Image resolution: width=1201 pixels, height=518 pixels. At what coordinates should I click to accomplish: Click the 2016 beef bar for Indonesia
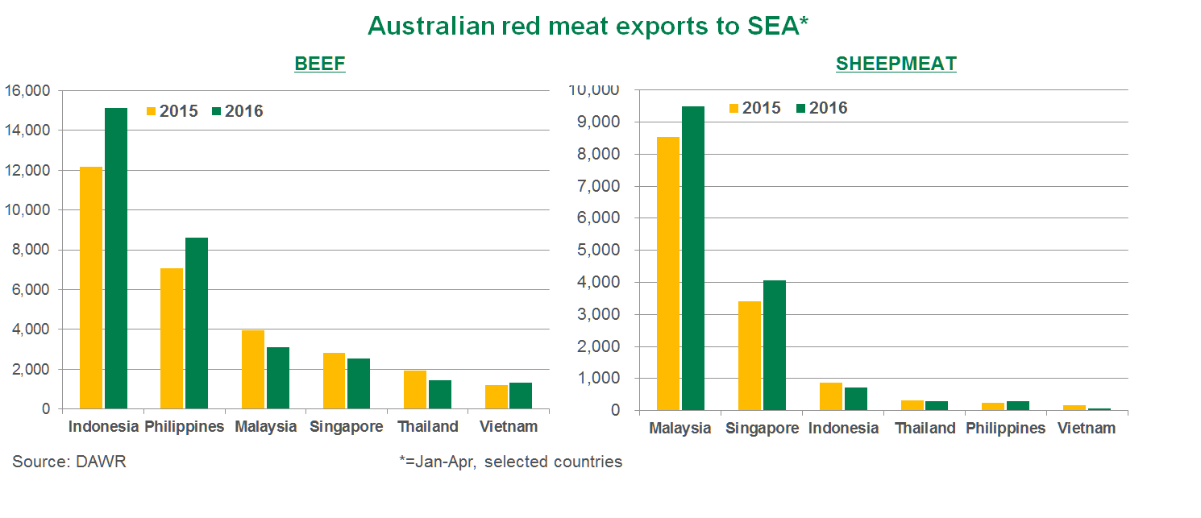(116, 258)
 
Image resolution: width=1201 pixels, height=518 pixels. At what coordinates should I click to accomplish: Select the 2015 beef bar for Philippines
(172, 338)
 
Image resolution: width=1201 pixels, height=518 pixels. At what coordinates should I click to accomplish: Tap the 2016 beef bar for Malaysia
(278, 378)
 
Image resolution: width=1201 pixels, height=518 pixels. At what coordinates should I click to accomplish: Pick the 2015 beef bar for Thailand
(415, 389)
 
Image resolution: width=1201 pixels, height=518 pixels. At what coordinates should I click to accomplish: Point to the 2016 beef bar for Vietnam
(521, 396)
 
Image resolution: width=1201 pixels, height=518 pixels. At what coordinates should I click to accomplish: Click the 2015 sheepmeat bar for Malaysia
(668, 273)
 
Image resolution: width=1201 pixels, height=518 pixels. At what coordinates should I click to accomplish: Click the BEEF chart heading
(320, 64)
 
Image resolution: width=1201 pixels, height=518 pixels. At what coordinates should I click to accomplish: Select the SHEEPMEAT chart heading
(896, 64)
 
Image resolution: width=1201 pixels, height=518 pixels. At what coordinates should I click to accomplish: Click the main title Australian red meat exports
(588, 26)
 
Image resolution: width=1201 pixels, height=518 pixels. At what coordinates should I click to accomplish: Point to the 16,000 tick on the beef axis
(27, 91)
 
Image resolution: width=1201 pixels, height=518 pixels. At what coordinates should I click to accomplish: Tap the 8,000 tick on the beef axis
(31, 250)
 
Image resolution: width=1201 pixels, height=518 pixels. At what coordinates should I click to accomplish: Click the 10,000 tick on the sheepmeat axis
(593, 90)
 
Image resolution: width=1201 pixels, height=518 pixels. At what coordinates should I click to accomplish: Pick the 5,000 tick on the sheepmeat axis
(597, 250)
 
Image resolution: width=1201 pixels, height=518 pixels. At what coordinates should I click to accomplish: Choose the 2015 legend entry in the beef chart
(172, 111)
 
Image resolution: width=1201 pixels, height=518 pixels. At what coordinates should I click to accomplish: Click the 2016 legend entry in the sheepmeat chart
(821, 108)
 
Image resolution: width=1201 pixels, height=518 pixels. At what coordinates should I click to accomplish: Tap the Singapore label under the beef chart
(347, 427)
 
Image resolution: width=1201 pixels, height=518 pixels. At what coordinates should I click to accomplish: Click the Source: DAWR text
(69, 462)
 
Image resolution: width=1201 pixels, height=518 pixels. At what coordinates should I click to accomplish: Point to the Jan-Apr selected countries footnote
(510, 462)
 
